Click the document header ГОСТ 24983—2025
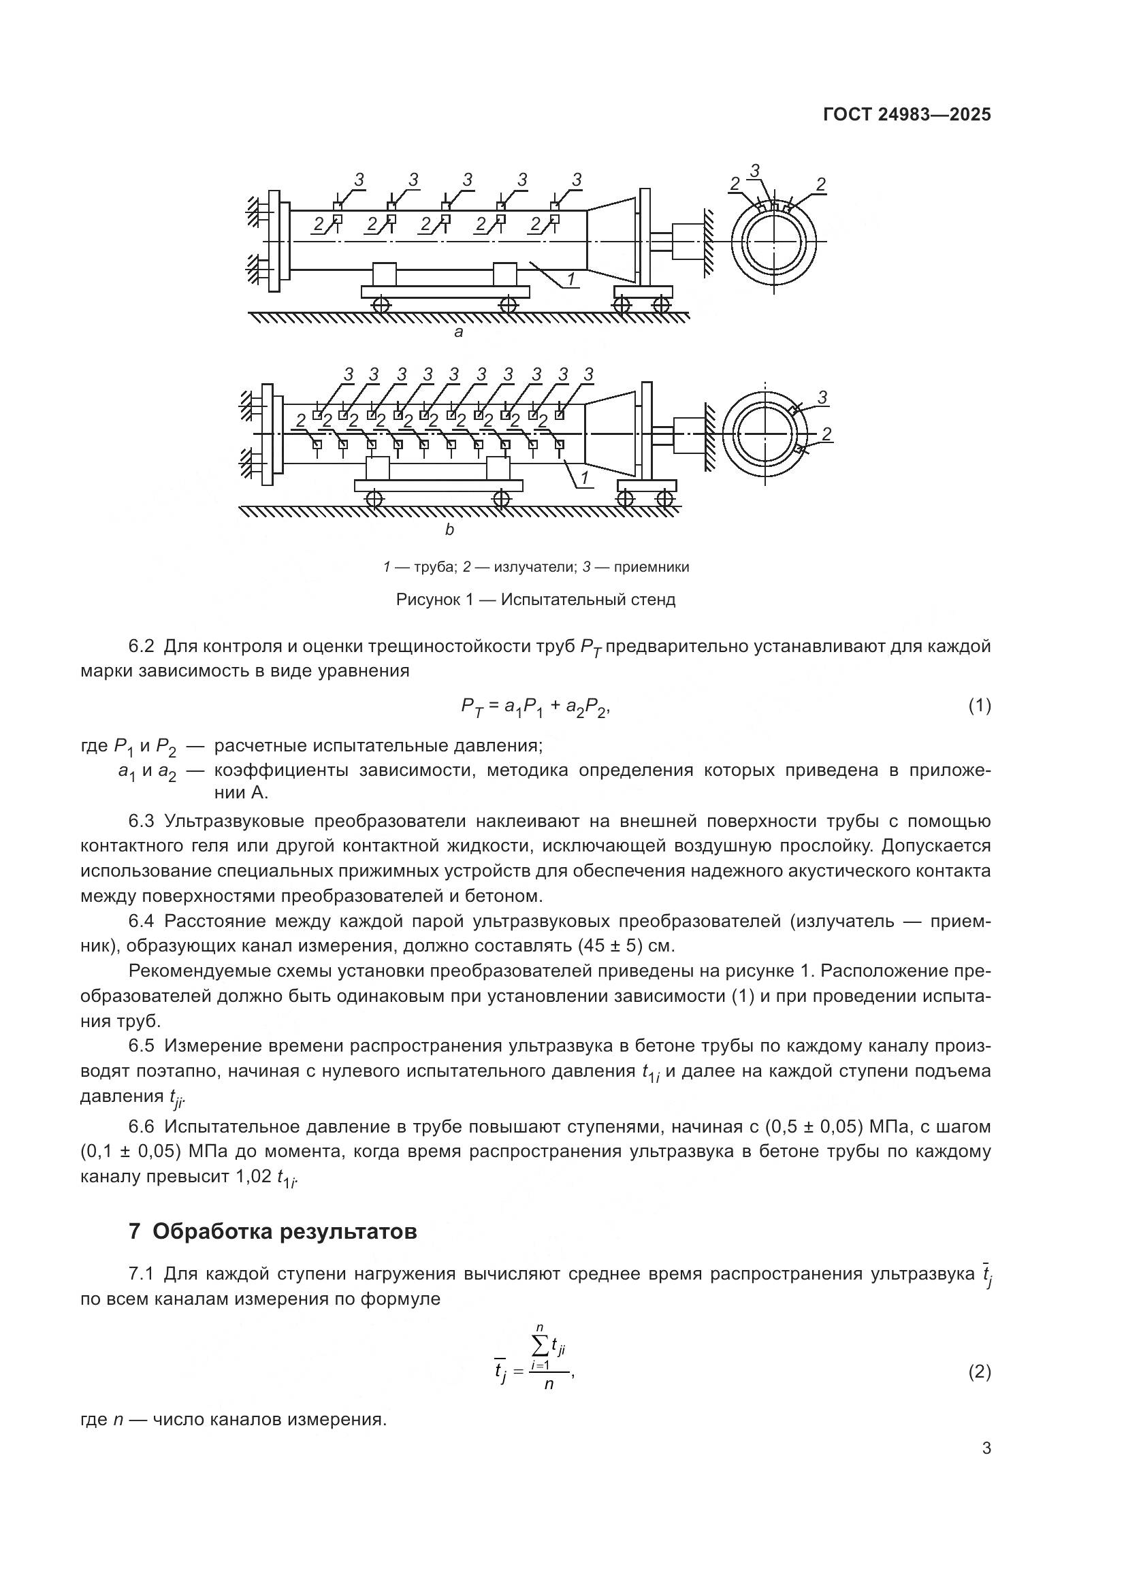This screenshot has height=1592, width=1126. tap(907, 115)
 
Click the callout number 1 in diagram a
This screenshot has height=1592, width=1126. tap(570, 280)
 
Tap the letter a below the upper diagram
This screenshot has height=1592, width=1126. tap(458, 332)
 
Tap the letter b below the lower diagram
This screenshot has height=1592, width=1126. tap(449, 530)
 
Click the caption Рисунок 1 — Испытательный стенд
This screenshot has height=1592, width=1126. tap(535, 600)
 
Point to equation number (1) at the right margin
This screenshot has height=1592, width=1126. tap(979, 706)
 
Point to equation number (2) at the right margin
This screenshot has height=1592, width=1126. tap(979, 1372)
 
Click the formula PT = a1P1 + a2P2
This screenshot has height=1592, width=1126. tap(534, 707)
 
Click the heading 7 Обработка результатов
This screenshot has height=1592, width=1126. tap(272, 1231)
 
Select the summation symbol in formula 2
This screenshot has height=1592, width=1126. tap(540, 1346)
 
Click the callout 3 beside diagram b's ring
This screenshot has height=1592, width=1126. tap(822, 397)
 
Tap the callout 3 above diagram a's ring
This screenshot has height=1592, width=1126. tap(755, 170)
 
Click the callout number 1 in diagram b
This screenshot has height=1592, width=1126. tap(584, 478)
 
